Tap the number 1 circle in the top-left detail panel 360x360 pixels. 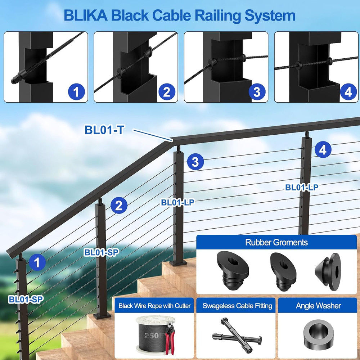pyautogui.click(x=76, y=93)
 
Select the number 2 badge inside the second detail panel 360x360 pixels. pyautogui.click(x=166, y=93)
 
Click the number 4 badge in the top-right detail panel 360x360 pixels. pyautogui.click(x=348, y=93)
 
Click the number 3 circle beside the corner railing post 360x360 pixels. pyautogui.click(x=195, y=162)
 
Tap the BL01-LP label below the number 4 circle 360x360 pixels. pyautogui.click(x=302, y=187)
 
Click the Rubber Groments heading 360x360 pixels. pyautogui.click(x=276, y=242)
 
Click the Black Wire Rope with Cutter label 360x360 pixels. pyautogui.click(x=154, y=306)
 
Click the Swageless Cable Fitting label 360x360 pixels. pyautogui.click(x=237, y=306)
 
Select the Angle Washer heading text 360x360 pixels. pyautogui.click(x=318, y=306)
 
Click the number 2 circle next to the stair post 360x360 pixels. pyautogui.click(x=119, y=206)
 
